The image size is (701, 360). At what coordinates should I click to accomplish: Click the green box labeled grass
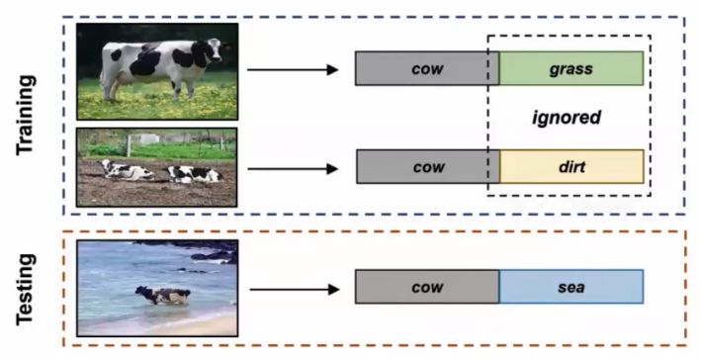click(571, 68)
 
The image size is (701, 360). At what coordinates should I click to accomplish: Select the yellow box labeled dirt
click(571, 167)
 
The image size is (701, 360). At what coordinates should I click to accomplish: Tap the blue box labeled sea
click(571, 287)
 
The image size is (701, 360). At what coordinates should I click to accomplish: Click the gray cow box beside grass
click(427, 68)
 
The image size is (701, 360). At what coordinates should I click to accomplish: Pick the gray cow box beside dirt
click(428, 167)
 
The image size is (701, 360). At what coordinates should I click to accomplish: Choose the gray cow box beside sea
click(427, 287)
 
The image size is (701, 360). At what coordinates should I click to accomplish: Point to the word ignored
click(567, 118)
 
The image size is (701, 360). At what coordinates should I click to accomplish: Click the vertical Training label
click(25, 116)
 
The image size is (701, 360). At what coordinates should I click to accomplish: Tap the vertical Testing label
click(25, 289)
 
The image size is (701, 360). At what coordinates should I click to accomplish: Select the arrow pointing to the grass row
click(293, 70)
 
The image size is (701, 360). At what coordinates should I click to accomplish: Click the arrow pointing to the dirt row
click(293, 169)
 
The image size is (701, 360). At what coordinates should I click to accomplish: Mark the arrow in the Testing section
click(295, 290)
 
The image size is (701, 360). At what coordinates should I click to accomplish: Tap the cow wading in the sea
click(163, 295)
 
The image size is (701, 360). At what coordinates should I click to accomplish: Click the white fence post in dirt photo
click(129, 145)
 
